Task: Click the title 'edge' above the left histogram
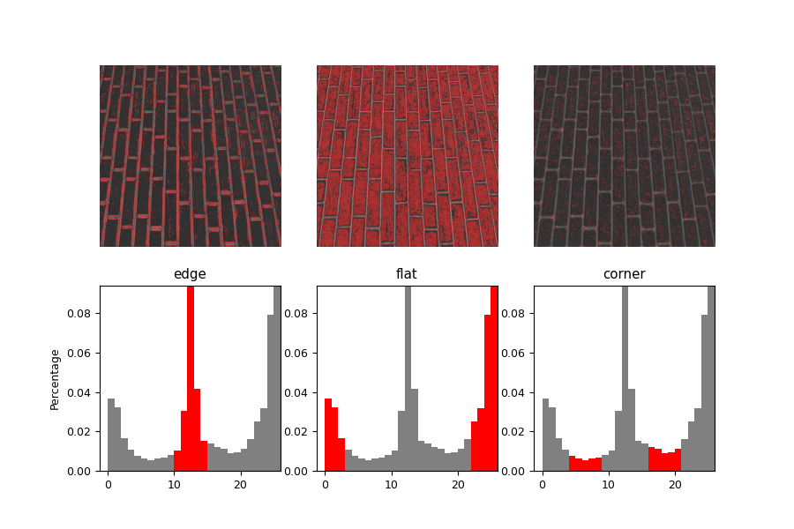coord(190,274)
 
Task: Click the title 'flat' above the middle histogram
coord(407,274)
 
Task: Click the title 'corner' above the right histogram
coord(624,274)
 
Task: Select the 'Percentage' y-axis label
coord(55,379)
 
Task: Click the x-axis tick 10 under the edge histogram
coord(174,484)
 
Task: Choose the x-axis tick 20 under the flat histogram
coord(457,484)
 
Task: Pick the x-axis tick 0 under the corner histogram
coord(542,484)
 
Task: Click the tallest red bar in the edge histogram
coord(191,379)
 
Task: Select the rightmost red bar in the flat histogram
coord(494,379)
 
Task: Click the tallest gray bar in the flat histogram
coord(408,379)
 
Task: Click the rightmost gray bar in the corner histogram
coord(711,379)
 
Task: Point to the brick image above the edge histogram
coord(191,156)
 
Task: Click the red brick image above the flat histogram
coord(408,156)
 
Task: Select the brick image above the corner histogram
coord(625,156)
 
